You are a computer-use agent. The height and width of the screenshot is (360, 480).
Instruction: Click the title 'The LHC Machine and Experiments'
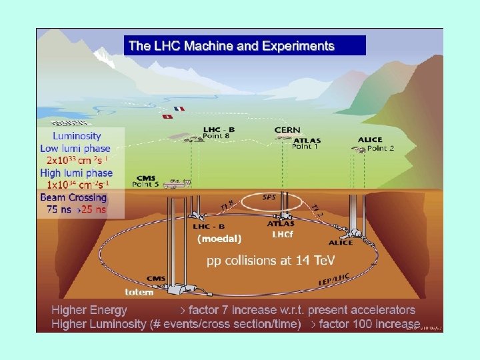click(x=231, y=46)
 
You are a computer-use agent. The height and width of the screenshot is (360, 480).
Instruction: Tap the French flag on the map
click(x=179, y=109)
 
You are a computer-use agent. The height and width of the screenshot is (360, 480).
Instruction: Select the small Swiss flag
click(x=166, y=116)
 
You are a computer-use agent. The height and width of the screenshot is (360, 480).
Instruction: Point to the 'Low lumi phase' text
click(x=75, y=149)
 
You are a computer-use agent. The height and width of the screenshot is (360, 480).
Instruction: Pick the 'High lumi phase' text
click(x=76, y=173)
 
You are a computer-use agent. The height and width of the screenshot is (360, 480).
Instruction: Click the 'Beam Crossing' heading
click(x=73, y=197)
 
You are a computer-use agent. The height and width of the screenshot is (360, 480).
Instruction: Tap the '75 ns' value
click(x=61, y=209)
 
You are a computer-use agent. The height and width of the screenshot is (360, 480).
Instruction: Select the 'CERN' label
click(x=287, y=130)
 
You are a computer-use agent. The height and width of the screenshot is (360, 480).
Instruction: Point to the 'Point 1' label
click(x=306, y=147)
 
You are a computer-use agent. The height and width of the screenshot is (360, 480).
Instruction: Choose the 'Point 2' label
click(x=380, y=148)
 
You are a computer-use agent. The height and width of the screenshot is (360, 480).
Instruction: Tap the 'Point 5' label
click(x=147, y=185)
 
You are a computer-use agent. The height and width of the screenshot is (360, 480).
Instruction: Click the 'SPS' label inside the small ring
click(x=269, y=198)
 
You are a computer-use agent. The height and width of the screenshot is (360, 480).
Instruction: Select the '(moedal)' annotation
click(x=219, y=238)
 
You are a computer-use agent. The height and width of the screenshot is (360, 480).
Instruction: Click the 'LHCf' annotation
click(x=282, y=235)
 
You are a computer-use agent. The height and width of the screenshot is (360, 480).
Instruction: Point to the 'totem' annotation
click(x=139, y=292)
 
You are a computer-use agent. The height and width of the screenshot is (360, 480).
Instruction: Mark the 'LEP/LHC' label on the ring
click(x=334, y=281)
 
